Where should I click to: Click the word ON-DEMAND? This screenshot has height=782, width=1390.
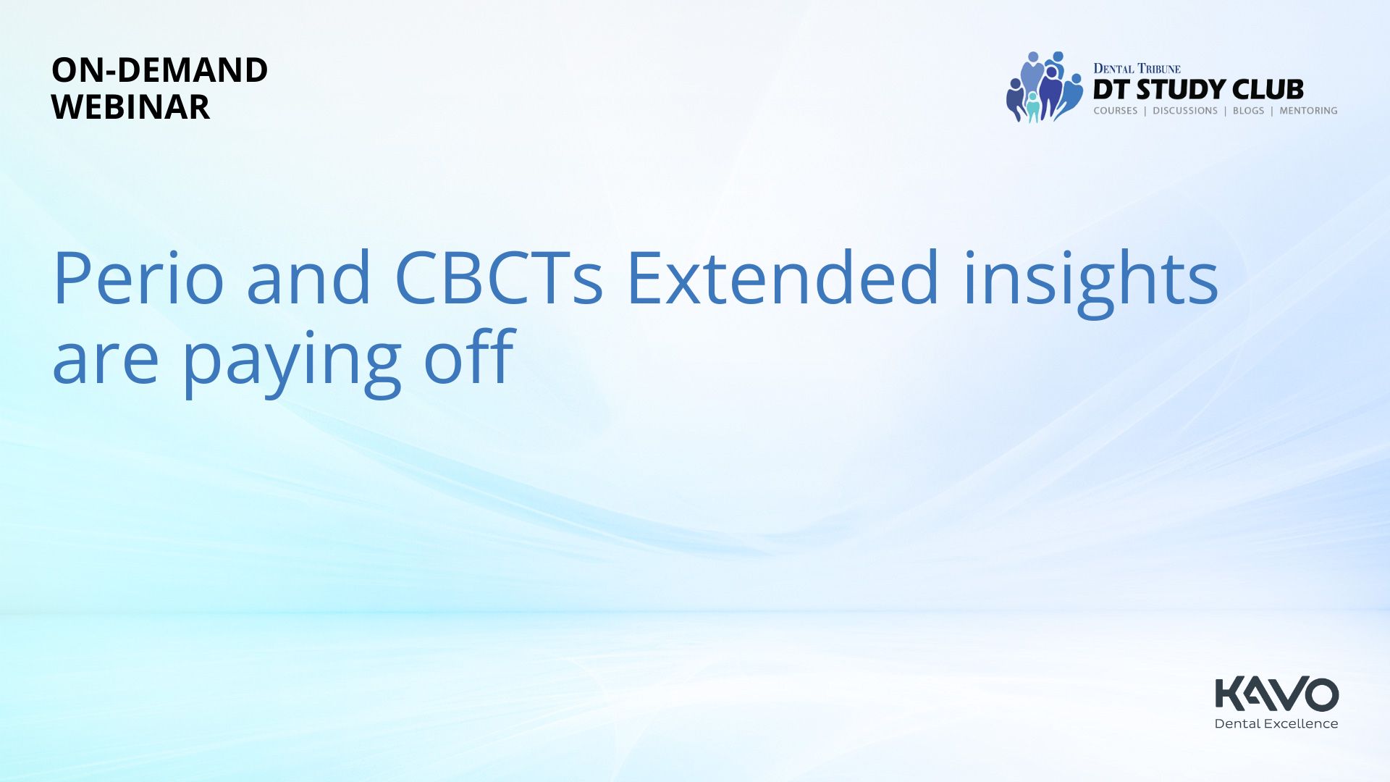tap(159, 70)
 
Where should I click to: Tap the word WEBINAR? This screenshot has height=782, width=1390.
tap(131, 107)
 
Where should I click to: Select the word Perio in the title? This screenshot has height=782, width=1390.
tap(138, 278)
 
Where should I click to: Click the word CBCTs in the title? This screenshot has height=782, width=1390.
tap(498, 278)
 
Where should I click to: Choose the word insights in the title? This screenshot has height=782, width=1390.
tap(1090, 282)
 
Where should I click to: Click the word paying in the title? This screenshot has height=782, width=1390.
tap(292, 362)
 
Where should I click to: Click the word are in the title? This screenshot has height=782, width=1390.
tap(106, 363)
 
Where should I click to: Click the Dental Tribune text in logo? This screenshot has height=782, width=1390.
tap(1137, 69)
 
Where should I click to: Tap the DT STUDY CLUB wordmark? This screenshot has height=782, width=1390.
tap(1198, 90)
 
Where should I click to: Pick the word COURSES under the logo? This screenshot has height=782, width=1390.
tap(1116, 111)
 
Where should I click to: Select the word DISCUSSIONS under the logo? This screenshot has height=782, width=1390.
tap(1185, 111)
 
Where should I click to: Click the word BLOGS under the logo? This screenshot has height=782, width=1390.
tap(1248, 111)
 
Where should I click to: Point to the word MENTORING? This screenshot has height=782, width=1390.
tap(1308, 111)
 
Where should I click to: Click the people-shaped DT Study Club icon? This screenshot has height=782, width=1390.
tap(1045, 86)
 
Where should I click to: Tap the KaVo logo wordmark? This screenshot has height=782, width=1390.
tap(1276, 694)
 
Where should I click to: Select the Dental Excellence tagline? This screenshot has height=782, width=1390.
tap(1276, 723)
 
